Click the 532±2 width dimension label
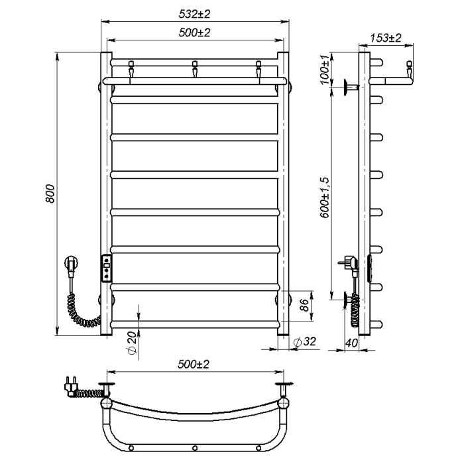194,14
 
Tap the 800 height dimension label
50,194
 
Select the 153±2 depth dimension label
386,38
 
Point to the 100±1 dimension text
325,70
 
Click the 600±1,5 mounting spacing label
325,198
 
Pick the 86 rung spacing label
304,305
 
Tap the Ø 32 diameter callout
304,341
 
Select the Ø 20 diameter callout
132,343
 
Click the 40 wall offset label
351,343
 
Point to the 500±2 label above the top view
194,364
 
